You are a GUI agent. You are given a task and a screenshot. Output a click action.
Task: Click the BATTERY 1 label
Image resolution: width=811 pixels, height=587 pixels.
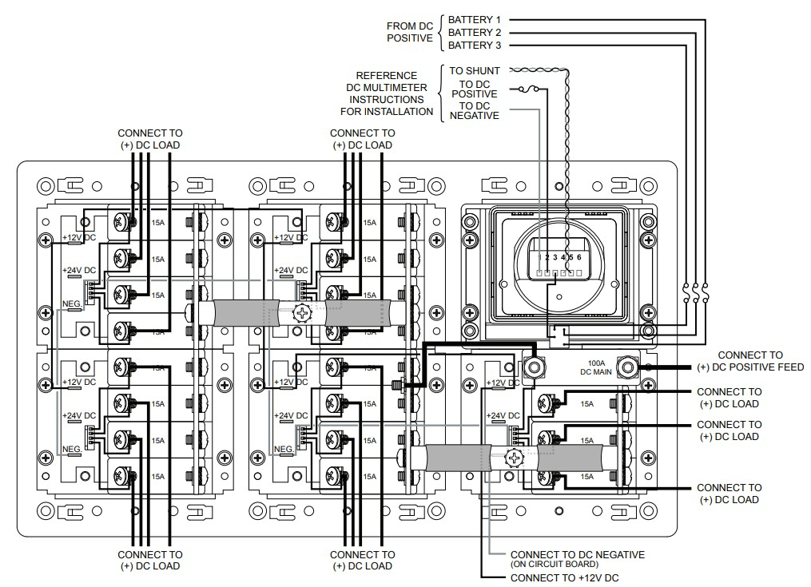coord(475,19)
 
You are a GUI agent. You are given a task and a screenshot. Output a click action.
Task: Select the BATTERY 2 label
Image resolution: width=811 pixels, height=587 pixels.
coord(475,32)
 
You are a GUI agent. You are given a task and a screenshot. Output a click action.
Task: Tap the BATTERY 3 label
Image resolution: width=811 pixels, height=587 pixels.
coord(475,45)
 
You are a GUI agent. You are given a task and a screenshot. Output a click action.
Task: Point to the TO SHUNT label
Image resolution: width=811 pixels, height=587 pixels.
coord(475,71)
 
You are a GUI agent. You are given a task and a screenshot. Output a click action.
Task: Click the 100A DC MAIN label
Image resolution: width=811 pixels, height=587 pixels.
coord(597,367)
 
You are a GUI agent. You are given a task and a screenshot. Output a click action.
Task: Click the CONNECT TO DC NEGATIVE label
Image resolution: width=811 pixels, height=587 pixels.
coord(577,554)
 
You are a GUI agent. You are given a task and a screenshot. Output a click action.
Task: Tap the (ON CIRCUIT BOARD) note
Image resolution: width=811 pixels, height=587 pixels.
coord(554,565)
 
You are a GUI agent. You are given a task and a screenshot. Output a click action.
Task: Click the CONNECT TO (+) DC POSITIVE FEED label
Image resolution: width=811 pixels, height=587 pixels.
coord(750,361)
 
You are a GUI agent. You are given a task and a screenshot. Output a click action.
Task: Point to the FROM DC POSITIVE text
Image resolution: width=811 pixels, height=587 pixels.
coord(410,32)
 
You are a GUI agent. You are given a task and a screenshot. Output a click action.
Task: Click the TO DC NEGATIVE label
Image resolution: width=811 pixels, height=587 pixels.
coord(475,111)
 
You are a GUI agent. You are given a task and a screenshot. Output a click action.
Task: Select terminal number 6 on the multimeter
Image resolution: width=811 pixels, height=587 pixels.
coord(578,257)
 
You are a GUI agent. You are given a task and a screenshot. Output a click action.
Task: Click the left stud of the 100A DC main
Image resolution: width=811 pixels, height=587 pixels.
coord(534,367)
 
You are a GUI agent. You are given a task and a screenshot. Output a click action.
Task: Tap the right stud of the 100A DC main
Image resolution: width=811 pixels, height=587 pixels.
coord(627,367)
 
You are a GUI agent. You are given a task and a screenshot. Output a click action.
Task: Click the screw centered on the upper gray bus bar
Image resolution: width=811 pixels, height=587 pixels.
coord(303,312)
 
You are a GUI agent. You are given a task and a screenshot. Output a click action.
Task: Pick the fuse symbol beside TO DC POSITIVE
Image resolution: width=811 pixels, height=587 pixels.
coord(526,89)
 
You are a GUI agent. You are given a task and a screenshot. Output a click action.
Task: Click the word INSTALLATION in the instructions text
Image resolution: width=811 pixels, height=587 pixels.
coord(392,111)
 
